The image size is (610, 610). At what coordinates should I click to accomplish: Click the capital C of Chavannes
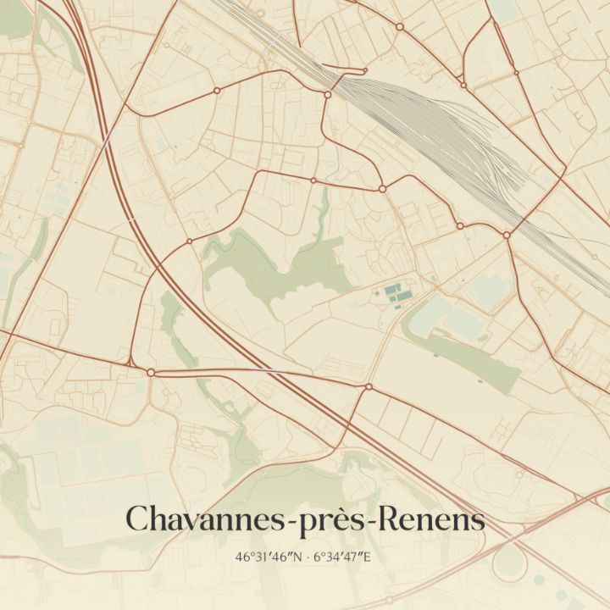(136, 519)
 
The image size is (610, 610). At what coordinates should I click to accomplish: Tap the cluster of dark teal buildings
(396, 293)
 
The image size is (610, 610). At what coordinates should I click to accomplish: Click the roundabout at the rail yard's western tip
(328, 93)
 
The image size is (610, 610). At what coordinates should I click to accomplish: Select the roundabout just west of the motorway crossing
(151, 372)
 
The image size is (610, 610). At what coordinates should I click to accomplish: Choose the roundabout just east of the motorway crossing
(369, 386)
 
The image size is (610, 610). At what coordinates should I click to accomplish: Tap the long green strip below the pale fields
(474, 360)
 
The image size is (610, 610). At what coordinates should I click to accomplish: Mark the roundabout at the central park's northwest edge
(189, 241)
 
